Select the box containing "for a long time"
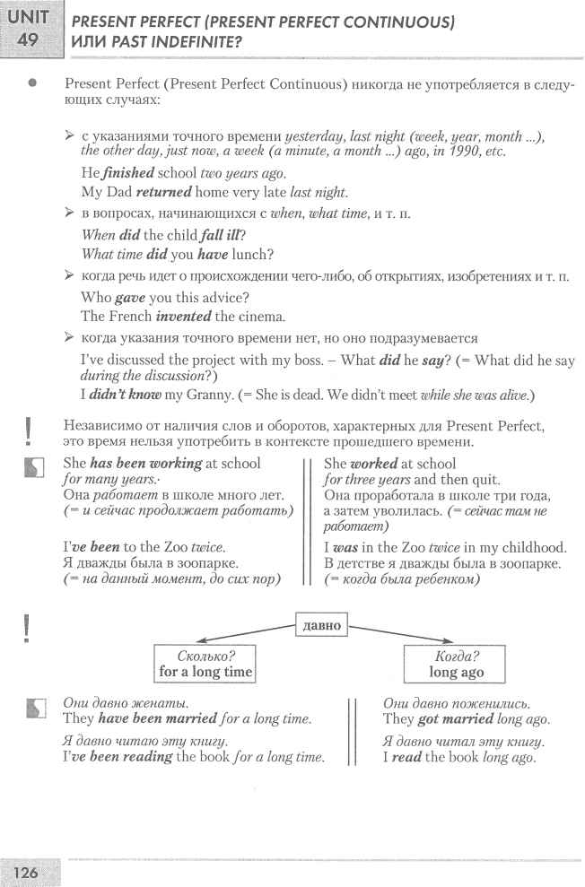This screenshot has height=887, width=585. coord(205,663)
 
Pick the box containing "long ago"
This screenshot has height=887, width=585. coord(455,663)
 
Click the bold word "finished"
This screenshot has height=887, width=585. coord(127,173)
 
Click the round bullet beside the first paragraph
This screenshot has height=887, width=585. coord(32,83)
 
